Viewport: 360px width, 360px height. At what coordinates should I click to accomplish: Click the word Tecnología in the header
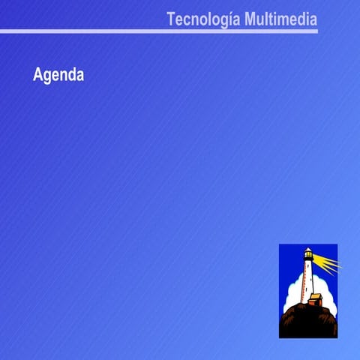click(x=203, y=19)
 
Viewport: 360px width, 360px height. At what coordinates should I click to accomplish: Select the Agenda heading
click(x=58, y=76)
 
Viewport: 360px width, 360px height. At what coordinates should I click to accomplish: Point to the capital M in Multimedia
click(x=250, y=19)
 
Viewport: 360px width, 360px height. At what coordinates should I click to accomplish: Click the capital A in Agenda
click(x=37, y=76)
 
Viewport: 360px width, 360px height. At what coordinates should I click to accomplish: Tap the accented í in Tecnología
click(x=228, y=19)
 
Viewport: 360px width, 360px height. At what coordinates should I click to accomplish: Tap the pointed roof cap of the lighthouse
click(x=307, y=248)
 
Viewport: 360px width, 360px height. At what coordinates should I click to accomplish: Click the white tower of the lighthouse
click(x=307, y=281)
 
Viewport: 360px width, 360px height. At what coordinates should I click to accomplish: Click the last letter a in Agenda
click(x=79, y=76)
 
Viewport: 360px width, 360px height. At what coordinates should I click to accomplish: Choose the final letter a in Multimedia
click(x=313, y=19)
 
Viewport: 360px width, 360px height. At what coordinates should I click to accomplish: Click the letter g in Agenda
click(x=47, y=77)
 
